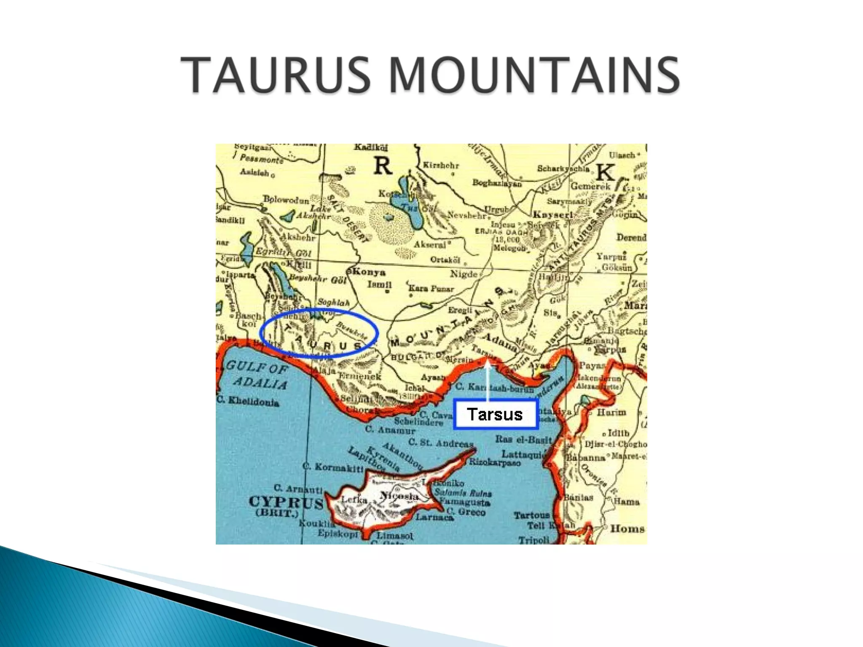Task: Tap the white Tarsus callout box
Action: tap(496, 414)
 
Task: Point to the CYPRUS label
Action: tap(286, 502)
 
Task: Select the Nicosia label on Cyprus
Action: tap(399, 496)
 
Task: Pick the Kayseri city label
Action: tap(553, 215)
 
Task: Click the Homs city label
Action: tap(627, 529)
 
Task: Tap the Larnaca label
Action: tap(434, 517)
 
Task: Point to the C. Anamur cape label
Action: tap(390, 430)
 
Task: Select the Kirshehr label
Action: tap(441, 165)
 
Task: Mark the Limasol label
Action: tap(395, 535)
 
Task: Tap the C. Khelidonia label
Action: tap(249, 401)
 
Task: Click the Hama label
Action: tap(627, 501)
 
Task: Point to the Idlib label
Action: tap(618, 433)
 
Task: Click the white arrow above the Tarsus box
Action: tap(488, 379)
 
